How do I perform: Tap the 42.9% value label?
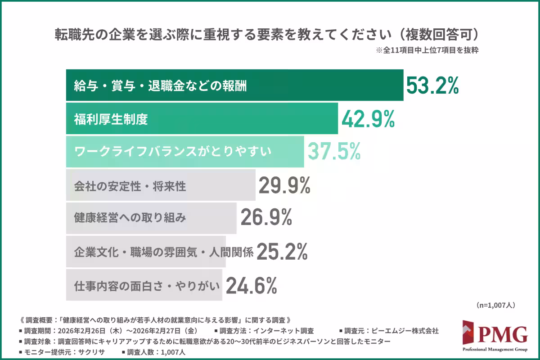click(x=368, y=119)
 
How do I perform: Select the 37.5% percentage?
click(x=334, y=152)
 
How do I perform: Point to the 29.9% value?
click(x=284, y=185)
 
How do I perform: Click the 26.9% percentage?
click(x=266, y=218)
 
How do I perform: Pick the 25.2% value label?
click(x=282, y=251)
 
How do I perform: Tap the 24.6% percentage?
click(x=251, y=284)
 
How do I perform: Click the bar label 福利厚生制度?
click(x=111, y=119)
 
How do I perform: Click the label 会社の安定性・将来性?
click(x=130, y=185)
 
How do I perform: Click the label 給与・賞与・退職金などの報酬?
click(x=160, y=85)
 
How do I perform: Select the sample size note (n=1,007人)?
click(x=495, y=305)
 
